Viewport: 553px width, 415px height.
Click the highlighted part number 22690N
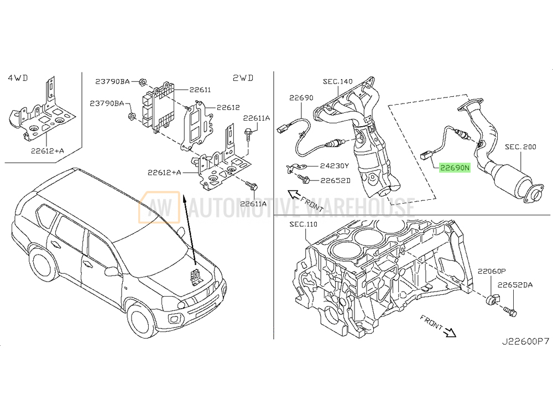pyautogui.click(x=454, y=167)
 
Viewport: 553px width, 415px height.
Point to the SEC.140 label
pyautogui.click(x=337, y=82)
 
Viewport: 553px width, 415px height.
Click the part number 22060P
pyautogui.click(x=492, y=272)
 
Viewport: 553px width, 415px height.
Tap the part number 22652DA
pyautogui.click(x=514, y=286)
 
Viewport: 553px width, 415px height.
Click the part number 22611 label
pyautogui.click(x=200, y=90)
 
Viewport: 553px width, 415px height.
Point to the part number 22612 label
pyautogui.click(x=228, y=108)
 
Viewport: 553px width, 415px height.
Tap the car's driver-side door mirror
pyautogui.click(x=111, y=271)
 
